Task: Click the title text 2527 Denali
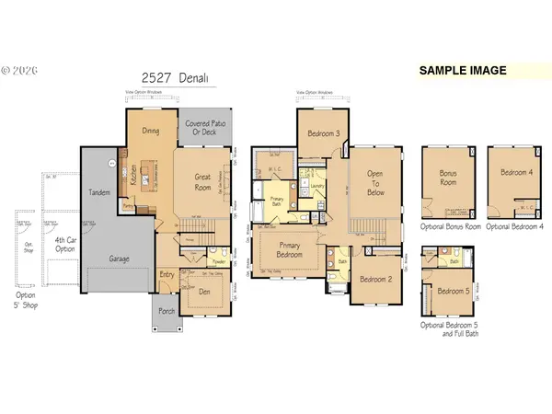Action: [x=171, y=80]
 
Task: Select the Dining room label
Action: [x=150, y=131]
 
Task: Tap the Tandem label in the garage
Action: [x=98, y=192]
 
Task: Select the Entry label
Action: [x=167, y=274]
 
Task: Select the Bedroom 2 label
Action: [x=377, y=279]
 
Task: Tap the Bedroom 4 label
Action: [x=516, y=172]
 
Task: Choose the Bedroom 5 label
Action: [x=452, y=292]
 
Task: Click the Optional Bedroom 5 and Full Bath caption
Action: [x=452, y=329]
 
